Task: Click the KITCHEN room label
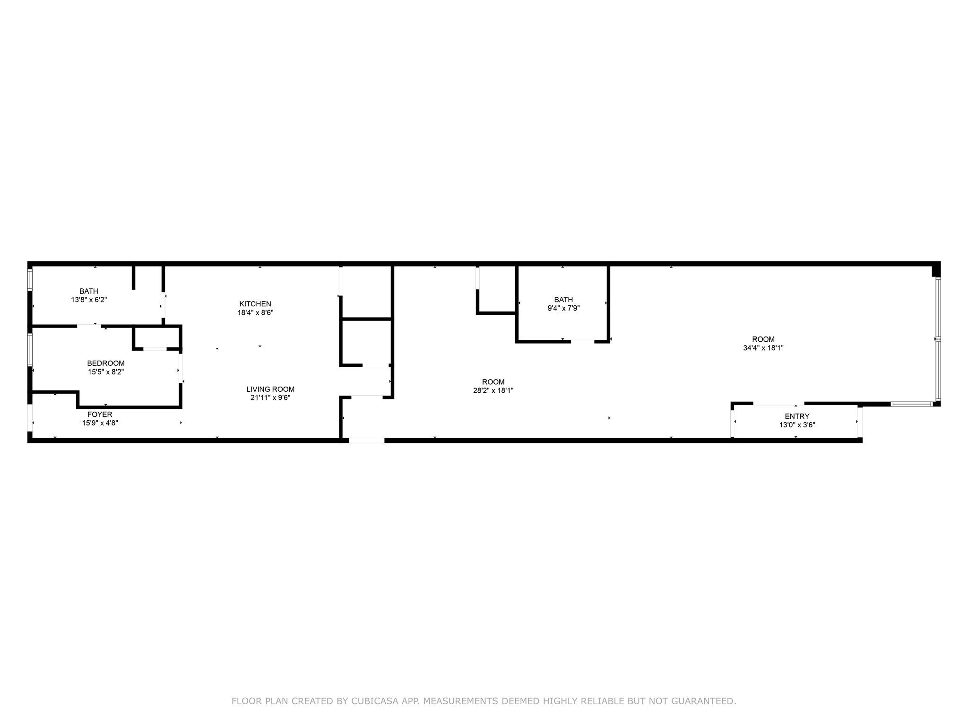pos(255,304)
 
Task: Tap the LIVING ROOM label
pos(270,389)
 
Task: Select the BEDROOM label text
pos(106,363)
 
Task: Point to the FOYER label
pos(100,415)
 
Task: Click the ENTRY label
pos(797,416)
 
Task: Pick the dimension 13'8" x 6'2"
pos(89,300)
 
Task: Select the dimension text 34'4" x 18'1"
pos(763,348)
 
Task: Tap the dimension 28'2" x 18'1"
pos(493,390)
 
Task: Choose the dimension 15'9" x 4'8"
pos(100,423)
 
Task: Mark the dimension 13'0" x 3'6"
pos(797,425)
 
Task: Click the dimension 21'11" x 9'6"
pos(270,398)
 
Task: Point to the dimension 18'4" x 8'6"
pos(255,312)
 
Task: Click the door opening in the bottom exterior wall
pos(367,441)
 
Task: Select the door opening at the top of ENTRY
pos(778,404)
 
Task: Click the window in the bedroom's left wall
pos(30,350)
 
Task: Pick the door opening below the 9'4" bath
pos(582,341)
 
